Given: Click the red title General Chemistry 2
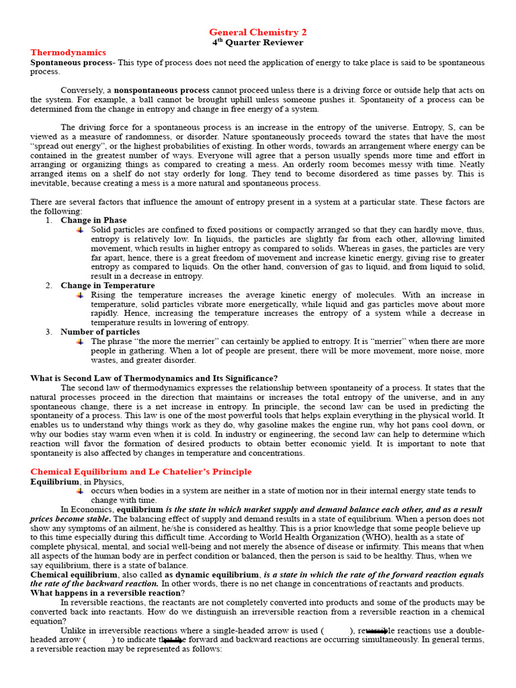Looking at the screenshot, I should pyautogui.click(x=258, y=32).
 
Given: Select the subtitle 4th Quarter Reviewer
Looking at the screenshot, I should pyautogui.click(x=258, y=42).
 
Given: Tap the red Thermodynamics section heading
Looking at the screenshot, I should pyautogui.click(x=68, y=52).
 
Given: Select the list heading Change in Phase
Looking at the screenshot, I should pyautogui.click(x=93, y=220).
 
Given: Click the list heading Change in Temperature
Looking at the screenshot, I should pyautogui.click(x=107, y=286).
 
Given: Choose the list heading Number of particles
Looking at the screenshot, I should pyautogui.click(x=100, y=332).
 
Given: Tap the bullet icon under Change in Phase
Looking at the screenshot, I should pyautogui.click(x=81, y=230).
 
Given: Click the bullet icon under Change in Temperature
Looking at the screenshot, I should pyautogui.click(x=81, y=295).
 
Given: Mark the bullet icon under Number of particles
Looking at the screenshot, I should pyautogui.click(x=81, y=341).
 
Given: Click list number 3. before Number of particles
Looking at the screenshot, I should pyautogui.click(x=49, y=332).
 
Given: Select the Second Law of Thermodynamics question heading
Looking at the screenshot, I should pyautogui.click(x=154, y=378).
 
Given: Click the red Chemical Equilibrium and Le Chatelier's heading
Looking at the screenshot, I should pyautogui.click(x=141, y=472).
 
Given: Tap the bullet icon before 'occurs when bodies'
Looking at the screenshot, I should pyautogui.click(x=81, y=491).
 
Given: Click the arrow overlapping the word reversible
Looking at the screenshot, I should pyautogui.click(x=376, y=631).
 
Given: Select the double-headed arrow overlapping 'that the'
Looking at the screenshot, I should pyautogui.click(x=173, y=641).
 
